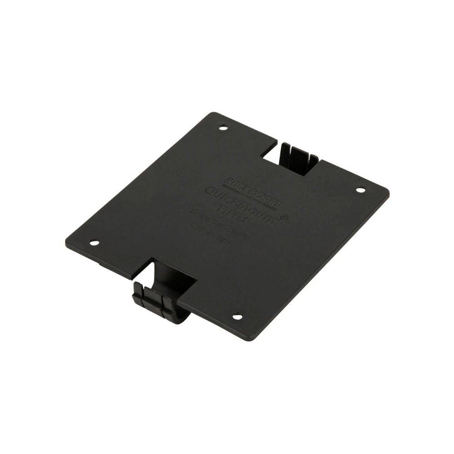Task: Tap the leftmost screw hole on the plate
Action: [94, 242]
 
